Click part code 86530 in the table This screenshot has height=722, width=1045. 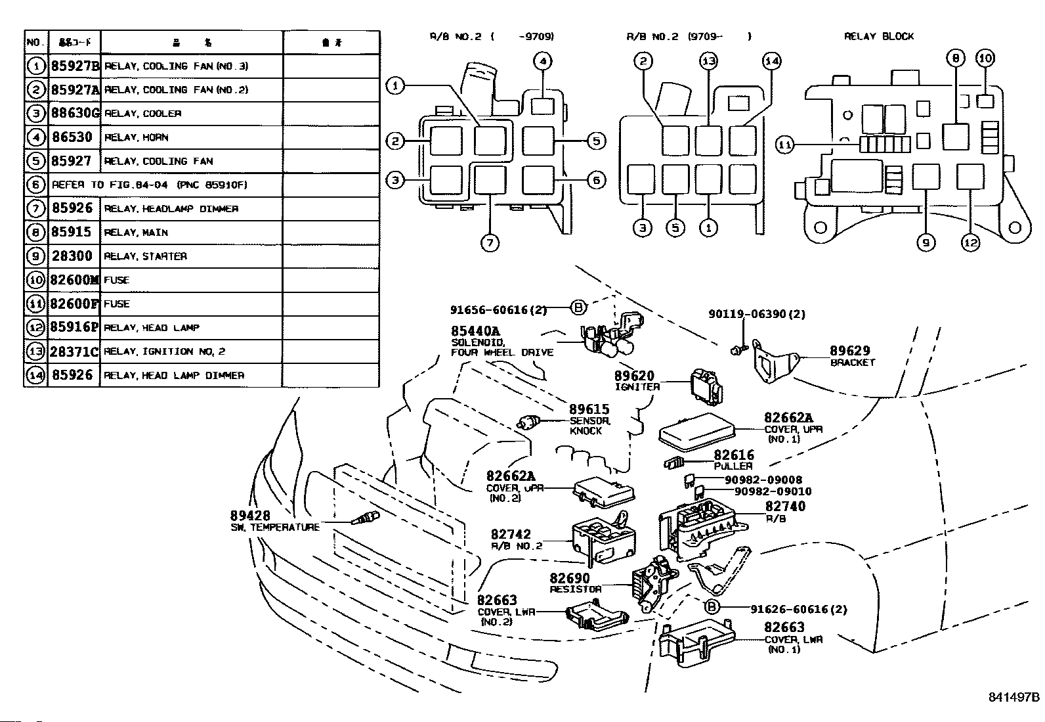click(72, 137)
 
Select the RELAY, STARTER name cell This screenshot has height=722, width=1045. click(146, 256)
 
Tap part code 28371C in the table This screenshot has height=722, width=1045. click(74, 351)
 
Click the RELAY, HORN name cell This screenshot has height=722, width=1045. click(137, 137)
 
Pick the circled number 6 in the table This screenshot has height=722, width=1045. click(36, 185)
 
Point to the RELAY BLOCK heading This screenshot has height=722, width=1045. click(878, 36)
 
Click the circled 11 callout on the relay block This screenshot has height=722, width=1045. click(785, 145)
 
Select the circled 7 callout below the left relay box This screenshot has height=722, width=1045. click(490, 242)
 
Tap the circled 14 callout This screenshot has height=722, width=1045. click(772, 61)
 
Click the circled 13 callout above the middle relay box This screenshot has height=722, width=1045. click(708, 61)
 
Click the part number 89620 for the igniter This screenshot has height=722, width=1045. click(634, 376)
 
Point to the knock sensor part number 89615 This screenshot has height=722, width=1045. click(589, 409)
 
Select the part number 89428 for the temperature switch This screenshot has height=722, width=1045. click(249, 516)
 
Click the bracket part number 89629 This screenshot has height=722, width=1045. click(850, 351)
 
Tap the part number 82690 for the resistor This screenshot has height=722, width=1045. click(569, 578)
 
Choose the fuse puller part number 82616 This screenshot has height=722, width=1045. click(734, 455)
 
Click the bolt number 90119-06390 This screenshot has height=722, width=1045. click(747, 314)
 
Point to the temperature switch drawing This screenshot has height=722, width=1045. click(362, 520)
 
